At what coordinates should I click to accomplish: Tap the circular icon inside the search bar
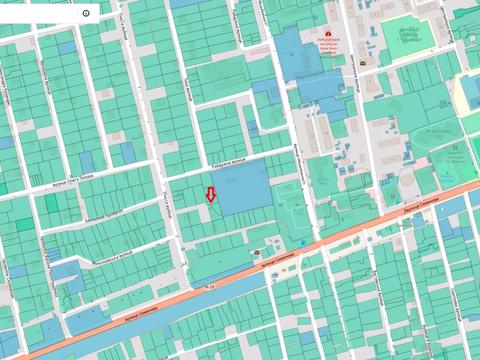click(x=86, y=13)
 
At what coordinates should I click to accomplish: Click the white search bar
click(x=45, y=13)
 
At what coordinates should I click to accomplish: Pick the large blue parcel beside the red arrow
click(x=241, y=187)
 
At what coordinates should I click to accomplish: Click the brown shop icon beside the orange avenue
click(x=258, y=254)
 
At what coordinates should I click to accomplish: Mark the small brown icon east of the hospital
click(x=363, y=59)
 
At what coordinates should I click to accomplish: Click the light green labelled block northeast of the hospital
click(x=407, y=37)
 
